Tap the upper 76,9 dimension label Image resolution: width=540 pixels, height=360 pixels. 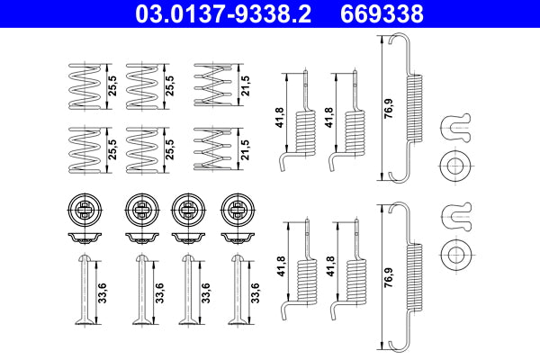tap(388, 107)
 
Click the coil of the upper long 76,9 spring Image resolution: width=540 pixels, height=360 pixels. tap(415, 108)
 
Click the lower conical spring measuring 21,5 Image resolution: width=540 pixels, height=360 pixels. tap(211, 147)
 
